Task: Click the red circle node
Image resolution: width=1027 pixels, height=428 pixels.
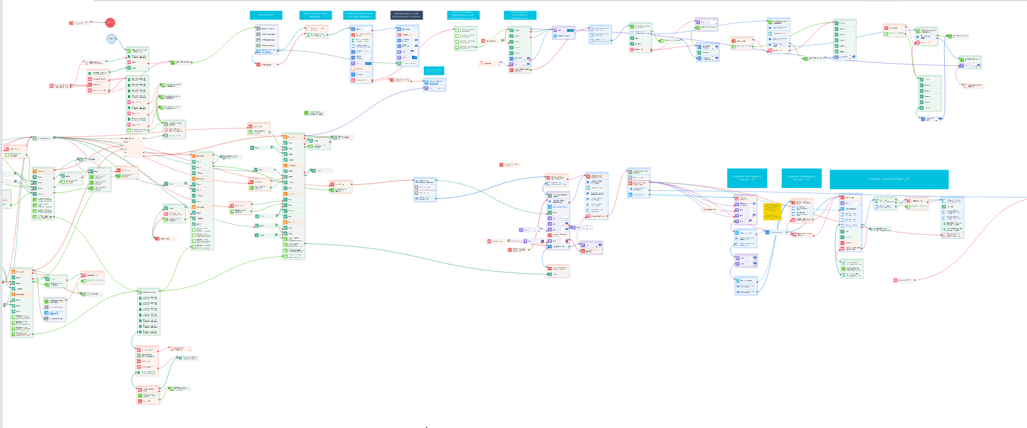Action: (x=110, y=23)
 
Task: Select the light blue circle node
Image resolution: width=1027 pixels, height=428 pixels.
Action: (x=112, y=39)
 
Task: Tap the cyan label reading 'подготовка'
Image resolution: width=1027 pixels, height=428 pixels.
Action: (x=265, y=15)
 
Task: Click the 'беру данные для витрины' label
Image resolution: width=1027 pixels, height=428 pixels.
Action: (x=315, y=15)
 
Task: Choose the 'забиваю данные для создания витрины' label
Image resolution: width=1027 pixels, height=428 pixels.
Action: (x=359, y=15)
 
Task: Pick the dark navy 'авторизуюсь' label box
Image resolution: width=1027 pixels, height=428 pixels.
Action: (x=406, y=15)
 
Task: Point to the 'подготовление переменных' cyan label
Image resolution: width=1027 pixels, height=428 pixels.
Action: (x=463, y=15)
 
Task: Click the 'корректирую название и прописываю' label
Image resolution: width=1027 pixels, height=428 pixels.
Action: (x=520, y=15)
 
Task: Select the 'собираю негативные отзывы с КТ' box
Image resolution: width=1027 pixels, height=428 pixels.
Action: (x=747, y=178)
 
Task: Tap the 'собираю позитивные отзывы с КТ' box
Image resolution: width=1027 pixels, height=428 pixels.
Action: (x=801, y=178)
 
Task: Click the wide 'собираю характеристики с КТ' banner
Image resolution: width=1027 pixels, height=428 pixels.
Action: (x=889, y=179)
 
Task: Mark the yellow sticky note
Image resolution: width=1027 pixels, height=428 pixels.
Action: (x=772, y=212)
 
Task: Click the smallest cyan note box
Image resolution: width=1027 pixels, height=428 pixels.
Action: (x=433, y=70)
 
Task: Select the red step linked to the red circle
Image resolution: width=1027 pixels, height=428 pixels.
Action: (x=79, y=23)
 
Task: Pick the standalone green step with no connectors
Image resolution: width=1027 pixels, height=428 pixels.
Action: (x=314, y=113)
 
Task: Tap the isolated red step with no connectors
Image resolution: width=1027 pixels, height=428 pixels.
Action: (x=509, y=165)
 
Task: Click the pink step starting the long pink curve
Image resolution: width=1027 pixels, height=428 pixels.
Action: (x=904, y=280)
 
